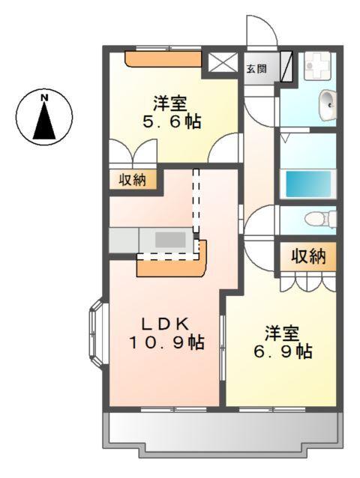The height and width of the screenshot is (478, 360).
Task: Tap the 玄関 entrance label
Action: tap(256, 69)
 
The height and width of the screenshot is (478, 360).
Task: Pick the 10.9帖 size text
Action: tap(166, 342)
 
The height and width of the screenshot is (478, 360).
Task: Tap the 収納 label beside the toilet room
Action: tap(308, 256)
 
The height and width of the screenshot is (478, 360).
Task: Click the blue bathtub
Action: tap(307, 183)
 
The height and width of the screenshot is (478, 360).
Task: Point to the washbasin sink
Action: tap(327, 104)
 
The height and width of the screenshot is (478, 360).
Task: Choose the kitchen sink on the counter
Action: tap(171, 240)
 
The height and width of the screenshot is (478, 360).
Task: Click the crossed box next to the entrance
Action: tap(221, 63)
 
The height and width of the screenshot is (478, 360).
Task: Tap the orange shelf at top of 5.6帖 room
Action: tap(163, 59)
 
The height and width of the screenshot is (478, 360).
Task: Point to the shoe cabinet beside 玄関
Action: tap(286, 66)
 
